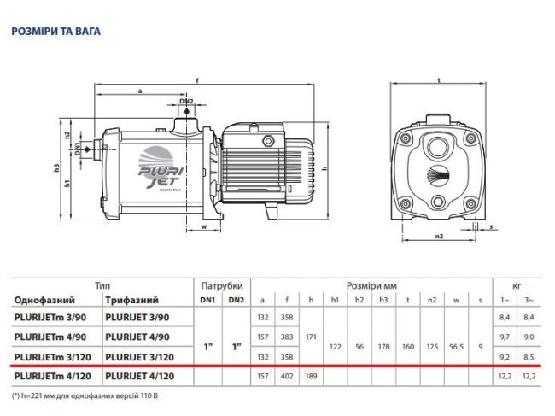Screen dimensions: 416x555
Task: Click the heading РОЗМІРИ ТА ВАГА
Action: coord(55,32)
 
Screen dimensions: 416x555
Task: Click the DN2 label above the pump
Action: coord(187,102)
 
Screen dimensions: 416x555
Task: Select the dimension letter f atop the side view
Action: coord(198,80)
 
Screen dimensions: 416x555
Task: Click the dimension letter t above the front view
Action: coord(438,80)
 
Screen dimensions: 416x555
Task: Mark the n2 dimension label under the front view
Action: coord(439,235)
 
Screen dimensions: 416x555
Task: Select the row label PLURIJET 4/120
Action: coord(141,376)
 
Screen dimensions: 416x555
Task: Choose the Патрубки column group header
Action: coord(221,285)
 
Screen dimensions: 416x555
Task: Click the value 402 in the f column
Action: coord(288,376)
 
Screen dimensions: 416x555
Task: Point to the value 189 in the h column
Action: coord(311,376)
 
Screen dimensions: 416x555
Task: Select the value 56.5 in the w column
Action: coord(458,347)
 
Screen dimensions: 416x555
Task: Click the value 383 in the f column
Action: coord(288,337)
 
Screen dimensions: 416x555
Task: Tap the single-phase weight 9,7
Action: coord(505,337)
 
